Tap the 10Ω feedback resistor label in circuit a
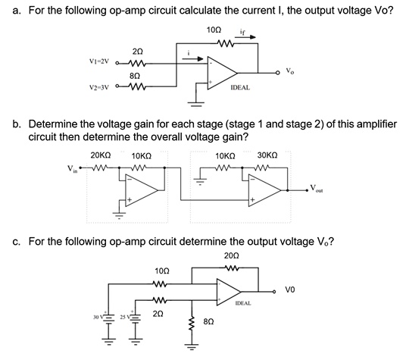click(x=213, y=29)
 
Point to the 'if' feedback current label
click(x=242, y=33)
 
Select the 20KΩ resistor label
click(x=101, y=156)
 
